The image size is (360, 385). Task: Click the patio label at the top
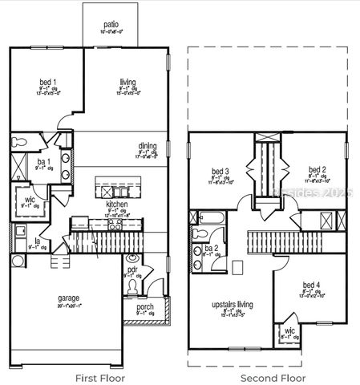[x=110, y=25]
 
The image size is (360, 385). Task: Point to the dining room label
[x=147, y=146]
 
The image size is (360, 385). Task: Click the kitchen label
[x=117, y=205]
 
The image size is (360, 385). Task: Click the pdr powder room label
[x=133, y=270]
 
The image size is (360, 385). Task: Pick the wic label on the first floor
[x=30, y=199]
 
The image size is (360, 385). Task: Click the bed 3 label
[x=220, y=171]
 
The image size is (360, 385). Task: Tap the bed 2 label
[x=317, y=170]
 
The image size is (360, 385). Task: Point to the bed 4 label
[x=310, y=286]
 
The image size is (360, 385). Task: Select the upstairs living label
[x=232, y=306]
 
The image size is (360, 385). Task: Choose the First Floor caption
[x=98, y=377]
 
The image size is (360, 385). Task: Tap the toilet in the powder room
[x=132, y=259]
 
